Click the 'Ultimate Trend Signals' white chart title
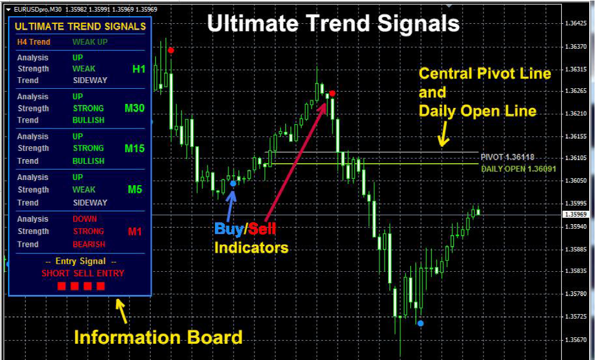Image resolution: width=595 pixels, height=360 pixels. tap(333, 24)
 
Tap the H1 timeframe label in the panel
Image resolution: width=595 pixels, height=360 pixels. tap(138, 69)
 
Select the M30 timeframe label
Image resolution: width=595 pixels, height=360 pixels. tap(134, 109)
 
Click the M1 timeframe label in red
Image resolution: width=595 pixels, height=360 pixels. tap(135, 232)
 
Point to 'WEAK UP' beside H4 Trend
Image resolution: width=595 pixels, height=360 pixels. tap(90, 42)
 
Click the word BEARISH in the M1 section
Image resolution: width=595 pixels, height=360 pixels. tap(89, 244)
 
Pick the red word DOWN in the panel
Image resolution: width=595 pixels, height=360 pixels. tap(85, 219)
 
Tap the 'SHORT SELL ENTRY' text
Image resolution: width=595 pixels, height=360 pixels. tap(83, 273)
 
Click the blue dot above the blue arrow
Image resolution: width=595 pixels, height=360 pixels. tap(233, 183)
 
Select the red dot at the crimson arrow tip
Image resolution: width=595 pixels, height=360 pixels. tap(332, 93)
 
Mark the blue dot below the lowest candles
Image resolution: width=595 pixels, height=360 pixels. tap(421, 323)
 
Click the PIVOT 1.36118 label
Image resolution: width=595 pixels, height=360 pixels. tap(507, 157)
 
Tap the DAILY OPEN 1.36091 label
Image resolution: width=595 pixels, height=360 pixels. tap(518, 169)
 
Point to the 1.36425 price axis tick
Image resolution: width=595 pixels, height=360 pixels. tap(576, 24)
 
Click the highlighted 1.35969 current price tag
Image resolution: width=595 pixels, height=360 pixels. tap(576, 215)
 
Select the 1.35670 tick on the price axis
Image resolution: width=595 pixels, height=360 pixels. tap(576, 340)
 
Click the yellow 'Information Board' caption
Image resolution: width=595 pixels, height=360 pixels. tap(158, 337)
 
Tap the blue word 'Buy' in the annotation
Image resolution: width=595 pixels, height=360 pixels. tap(229, 229)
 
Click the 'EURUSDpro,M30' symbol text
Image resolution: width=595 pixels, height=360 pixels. tap(38, 9)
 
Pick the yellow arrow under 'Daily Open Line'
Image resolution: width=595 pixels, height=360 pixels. tap(443, 136)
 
